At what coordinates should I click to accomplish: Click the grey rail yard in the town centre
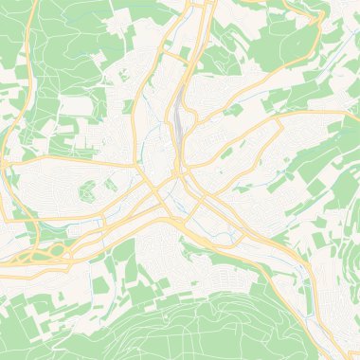click(178, 118)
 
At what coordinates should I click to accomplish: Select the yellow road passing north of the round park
click(85, 162)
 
